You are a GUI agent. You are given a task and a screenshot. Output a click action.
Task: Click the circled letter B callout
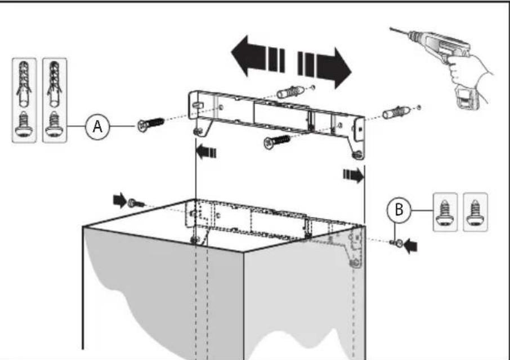coord(399,210)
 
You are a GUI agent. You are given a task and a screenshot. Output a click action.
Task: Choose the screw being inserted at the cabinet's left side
coord(136,202)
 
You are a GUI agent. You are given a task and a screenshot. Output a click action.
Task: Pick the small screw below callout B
coord(396,242)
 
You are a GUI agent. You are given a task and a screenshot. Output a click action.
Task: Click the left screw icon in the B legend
coord(445,211)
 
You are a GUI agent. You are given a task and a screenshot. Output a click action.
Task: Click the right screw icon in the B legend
coord(476,211)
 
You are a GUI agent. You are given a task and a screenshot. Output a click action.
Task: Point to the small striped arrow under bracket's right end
coord(352,175)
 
